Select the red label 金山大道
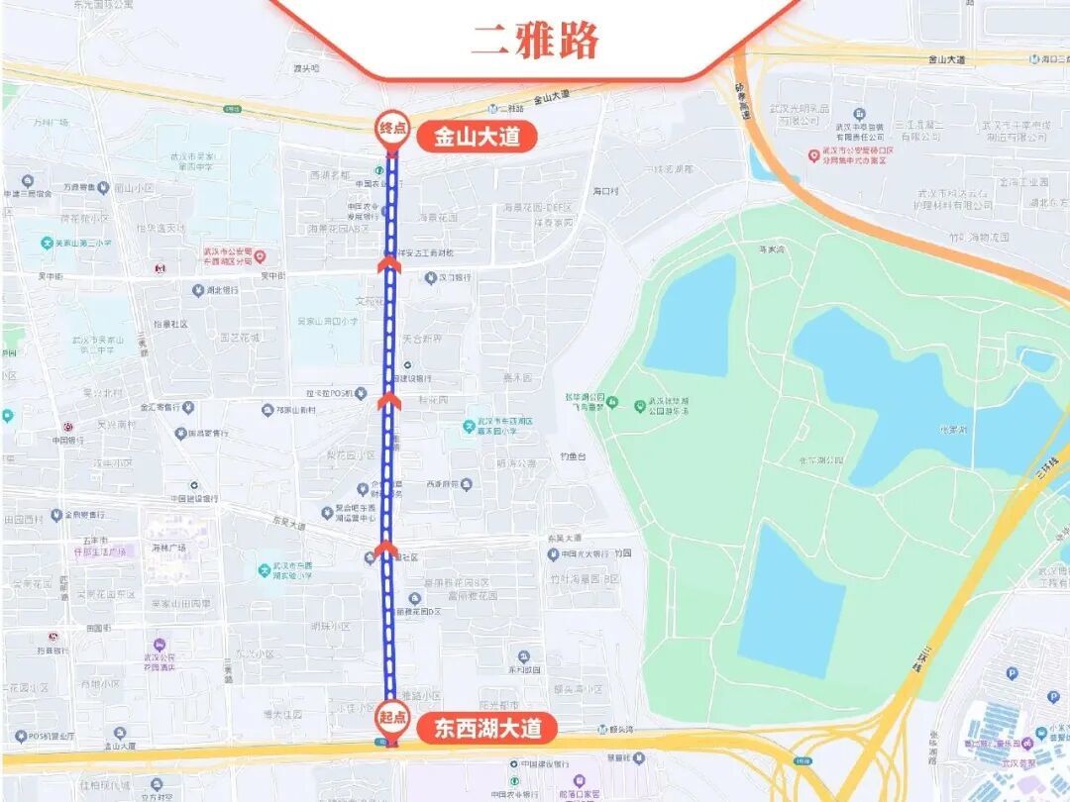478,137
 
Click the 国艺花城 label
240,338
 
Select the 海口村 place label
605,190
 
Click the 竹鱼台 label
573,456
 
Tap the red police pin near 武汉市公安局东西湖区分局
260,256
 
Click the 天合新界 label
422,339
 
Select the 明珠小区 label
330,626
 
